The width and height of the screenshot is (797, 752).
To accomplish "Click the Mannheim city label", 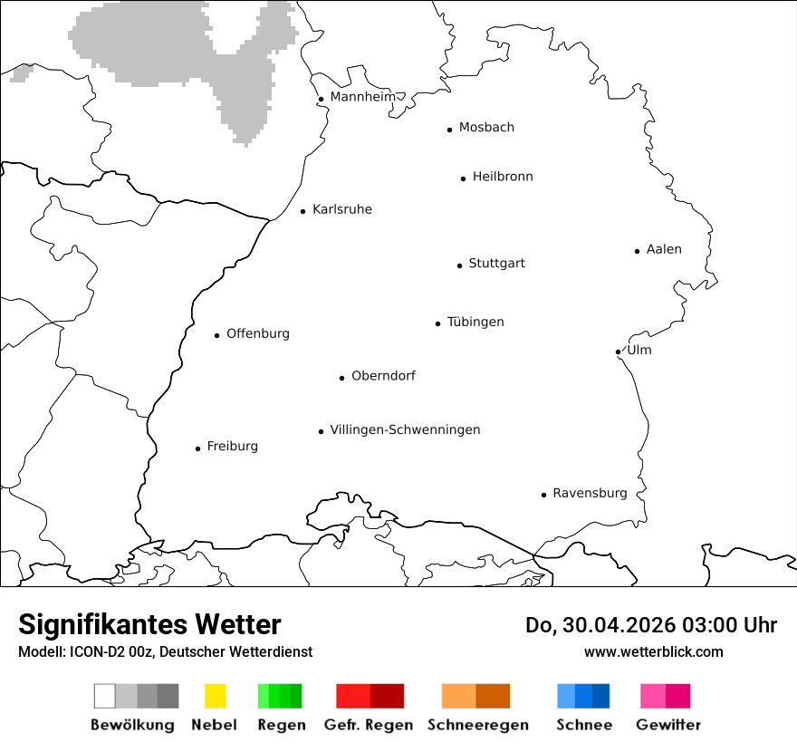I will point(362,97).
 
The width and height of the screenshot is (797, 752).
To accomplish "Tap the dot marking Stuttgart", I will point(459,265).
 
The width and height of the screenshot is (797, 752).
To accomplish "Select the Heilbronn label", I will point(503,177).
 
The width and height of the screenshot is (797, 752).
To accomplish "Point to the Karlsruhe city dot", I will point(303,211).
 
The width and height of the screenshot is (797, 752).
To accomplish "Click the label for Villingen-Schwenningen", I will point(405,429).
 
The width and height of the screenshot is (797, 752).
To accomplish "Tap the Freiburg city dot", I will point(197,448).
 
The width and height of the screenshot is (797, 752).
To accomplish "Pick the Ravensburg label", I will point(590,493).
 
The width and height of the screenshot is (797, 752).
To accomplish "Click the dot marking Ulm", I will point(618,352).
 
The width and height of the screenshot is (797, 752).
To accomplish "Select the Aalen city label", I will point(664,249).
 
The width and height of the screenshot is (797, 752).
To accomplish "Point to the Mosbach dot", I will point(449,130).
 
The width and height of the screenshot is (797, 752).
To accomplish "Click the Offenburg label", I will point(258,333).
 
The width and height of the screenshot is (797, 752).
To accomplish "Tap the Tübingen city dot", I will point(437,323).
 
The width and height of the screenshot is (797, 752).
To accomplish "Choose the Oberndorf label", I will point(383,375).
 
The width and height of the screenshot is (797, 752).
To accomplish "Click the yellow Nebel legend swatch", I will point(215,696).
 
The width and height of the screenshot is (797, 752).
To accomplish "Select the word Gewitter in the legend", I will point(668,725).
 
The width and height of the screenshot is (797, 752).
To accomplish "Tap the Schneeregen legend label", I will point(476,725).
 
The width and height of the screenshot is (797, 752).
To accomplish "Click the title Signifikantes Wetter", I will point(149,624).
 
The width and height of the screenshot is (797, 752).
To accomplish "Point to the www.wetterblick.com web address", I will point(653,651).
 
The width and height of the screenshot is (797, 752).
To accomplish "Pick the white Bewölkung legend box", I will point(105,696).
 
